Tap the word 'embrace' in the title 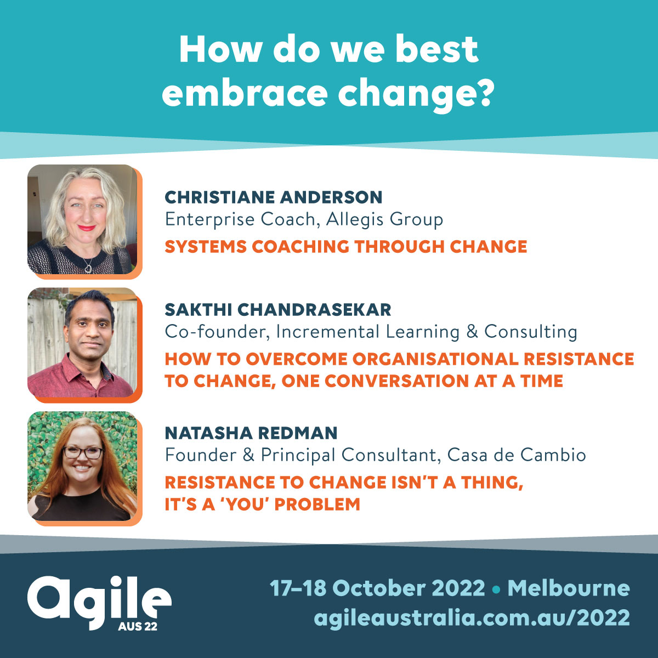click(x=245, y=92)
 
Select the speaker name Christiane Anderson click(x=274, y=197)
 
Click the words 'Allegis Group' click(x=384, y=220)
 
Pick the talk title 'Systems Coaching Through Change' click(x=346, y=247)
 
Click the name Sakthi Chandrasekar click(x=278, y=310)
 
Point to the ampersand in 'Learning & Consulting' click(x=472, y=332)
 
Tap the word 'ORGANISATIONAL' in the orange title click(x=435, y=359)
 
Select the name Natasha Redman click(x=251, y=433)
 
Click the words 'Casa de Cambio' click(x=517, y=455)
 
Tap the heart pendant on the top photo click(x=88, y=269)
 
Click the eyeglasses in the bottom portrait click(x=83, y=453)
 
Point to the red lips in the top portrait click(x=87, y=228)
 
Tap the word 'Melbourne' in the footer click(x=569, y=588)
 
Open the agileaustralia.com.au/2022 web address click(x=472, y=617)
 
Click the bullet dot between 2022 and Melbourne click(x=496, y=589)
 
